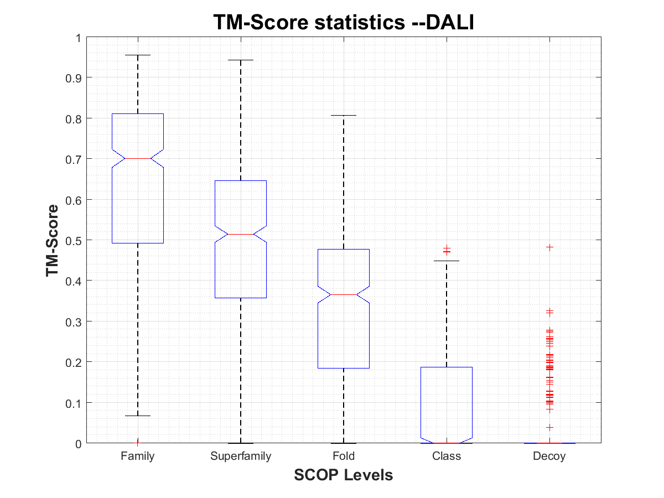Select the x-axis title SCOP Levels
coord(344,475)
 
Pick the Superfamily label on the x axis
coord(241,456)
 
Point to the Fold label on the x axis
coord(344,456)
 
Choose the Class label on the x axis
coord(447,456)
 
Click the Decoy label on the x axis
coord(549,456)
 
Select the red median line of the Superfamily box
coord(241,234)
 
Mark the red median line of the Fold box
coord(344,294)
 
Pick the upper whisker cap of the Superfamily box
coord(241,60)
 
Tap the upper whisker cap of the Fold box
coord(344,116)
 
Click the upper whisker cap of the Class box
coord(447,261)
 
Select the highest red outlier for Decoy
coord(549,247)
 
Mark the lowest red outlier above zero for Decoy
coord(549,427)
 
